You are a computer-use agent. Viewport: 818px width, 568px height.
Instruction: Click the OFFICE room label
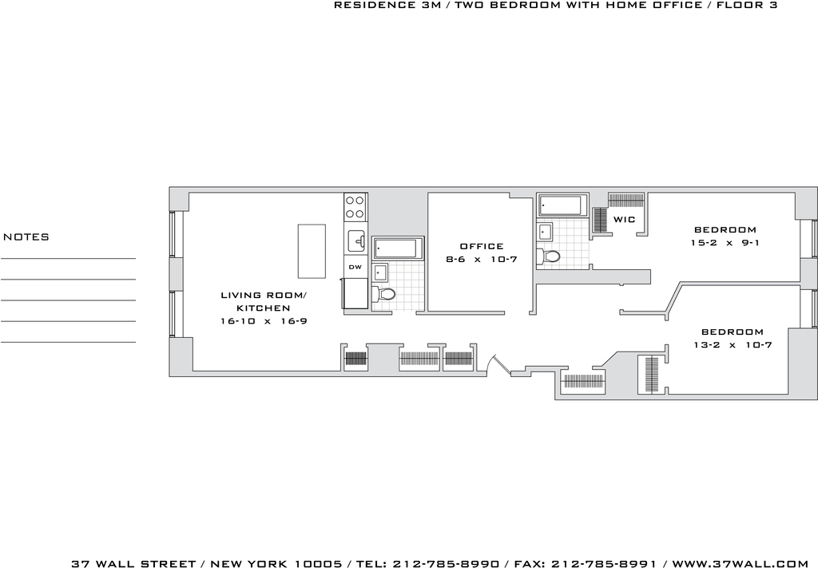(482, 246)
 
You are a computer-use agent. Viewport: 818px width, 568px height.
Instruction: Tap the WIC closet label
(625, 219)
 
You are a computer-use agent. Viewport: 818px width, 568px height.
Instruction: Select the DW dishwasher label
(355, 267)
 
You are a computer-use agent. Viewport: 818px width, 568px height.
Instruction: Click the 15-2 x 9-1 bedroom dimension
(725, 243)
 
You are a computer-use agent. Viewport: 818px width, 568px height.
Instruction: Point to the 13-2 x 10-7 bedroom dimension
(733, 345)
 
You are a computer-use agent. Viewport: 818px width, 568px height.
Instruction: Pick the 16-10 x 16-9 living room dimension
(264, 321)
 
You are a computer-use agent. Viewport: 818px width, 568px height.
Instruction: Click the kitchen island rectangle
(312, 252)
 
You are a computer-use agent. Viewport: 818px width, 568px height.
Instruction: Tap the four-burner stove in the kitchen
(355, 207)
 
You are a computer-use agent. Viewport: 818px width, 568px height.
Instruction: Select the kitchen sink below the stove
(357, 241)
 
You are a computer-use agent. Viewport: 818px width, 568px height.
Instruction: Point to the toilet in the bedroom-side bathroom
(549, 256)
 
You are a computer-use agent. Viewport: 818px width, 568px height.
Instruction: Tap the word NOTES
(26, 236)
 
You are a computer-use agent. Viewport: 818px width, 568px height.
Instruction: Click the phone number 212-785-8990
(446, 564)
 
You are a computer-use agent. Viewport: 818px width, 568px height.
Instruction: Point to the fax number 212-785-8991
(604, 564)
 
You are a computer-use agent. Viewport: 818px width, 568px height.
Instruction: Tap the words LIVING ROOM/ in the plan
(264, 296)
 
